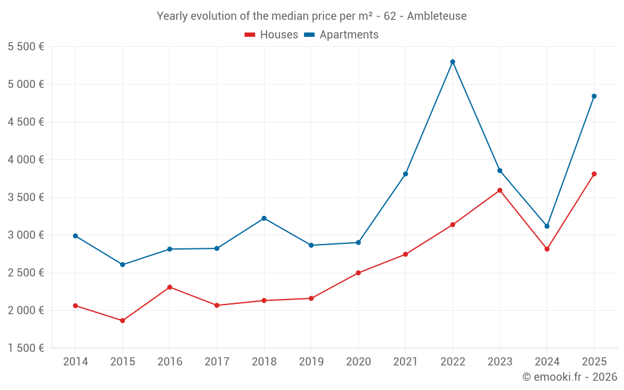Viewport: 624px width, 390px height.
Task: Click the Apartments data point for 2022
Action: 452,62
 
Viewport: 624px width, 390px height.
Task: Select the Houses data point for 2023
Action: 500,190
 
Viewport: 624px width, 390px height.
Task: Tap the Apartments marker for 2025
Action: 594,96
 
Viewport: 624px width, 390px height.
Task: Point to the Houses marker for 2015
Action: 122,321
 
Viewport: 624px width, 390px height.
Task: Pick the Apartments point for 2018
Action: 264,218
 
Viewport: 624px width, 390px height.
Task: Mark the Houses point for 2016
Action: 170,287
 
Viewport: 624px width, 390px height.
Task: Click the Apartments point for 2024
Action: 547,226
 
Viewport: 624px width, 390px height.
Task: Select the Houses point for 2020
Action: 358,273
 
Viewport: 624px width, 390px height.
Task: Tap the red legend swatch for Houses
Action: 250,35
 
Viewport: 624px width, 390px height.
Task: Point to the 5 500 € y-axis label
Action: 26,47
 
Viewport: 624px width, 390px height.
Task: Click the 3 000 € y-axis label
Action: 26,235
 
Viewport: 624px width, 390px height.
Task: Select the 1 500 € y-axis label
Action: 26,348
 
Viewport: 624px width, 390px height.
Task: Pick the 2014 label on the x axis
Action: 76,362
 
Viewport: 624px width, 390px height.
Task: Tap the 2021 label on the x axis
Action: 406,362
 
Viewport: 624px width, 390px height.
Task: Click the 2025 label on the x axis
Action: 594,362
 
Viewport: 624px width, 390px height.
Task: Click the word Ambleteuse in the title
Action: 436,16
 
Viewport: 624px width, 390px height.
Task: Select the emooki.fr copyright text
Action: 569,377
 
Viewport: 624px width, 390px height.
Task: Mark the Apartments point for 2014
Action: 76,236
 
